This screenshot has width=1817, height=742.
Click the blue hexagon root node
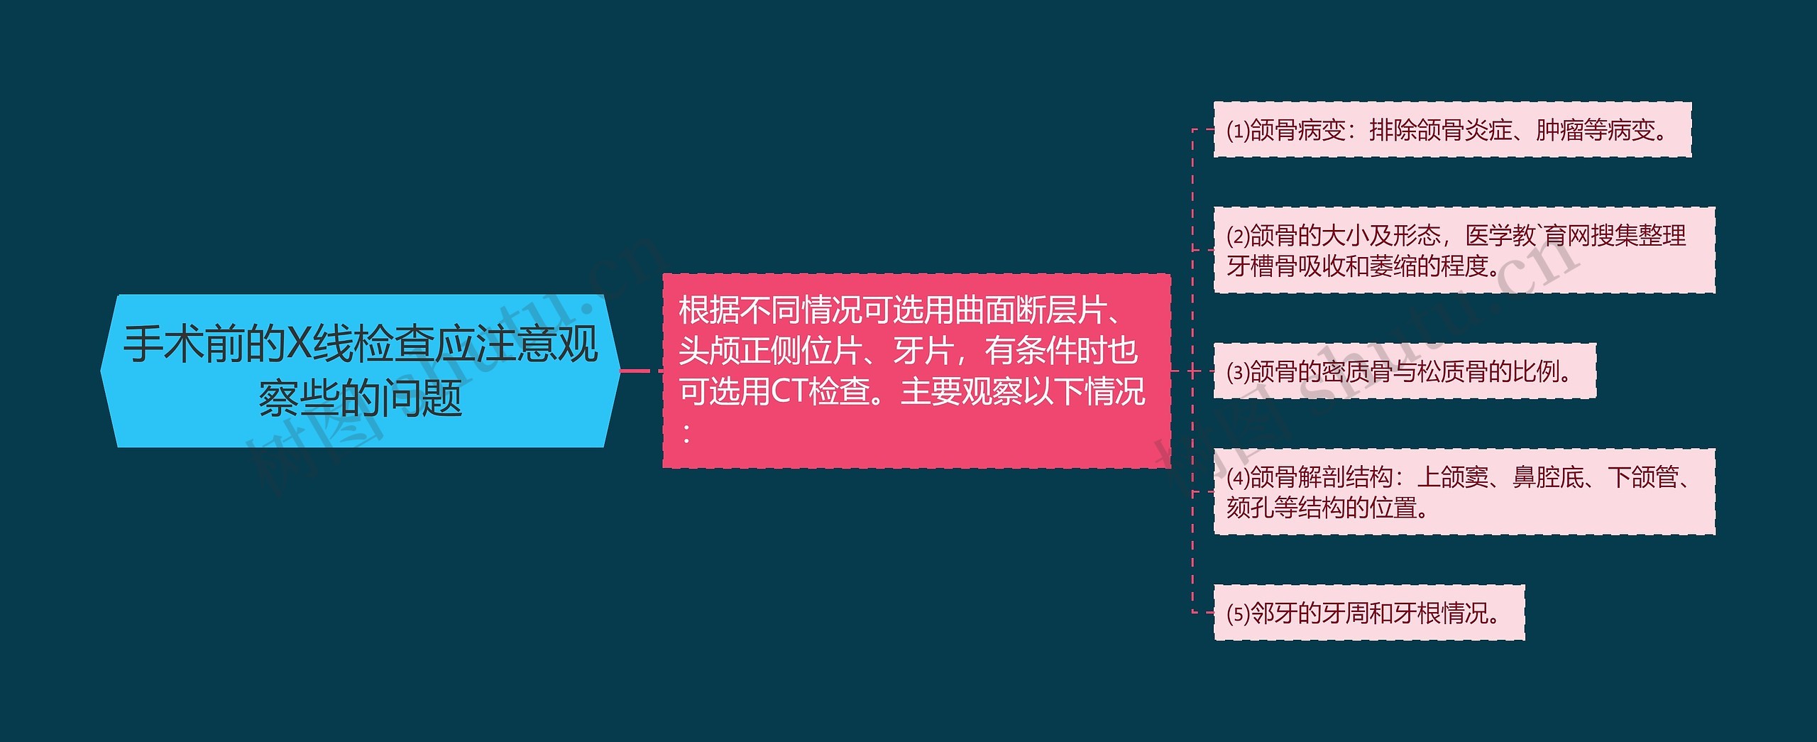[x=361, y=371]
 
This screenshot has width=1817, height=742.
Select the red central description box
[x=916, y=371]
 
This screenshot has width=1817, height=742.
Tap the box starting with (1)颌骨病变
[x=1451, y=130]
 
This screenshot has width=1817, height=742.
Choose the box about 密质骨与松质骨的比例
[x=1404, y=371]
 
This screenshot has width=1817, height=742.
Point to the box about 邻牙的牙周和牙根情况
[x=1368, y=612]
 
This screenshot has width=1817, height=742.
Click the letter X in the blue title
[x=299, y=344]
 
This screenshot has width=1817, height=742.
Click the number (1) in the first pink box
[x=1238, y=131]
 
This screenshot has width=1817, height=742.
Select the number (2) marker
[x=1238, y=236]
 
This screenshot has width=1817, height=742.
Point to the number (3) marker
[x=1238, y=371]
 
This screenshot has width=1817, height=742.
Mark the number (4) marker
[x=1238, y=477]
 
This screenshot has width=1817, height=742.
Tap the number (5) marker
[x=1238, y=613]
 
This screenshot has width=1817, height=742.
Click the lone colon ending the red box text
[x=686, y=433]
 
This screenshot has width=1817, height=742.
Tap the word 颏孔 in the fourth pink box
[x=1250, y=508]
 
